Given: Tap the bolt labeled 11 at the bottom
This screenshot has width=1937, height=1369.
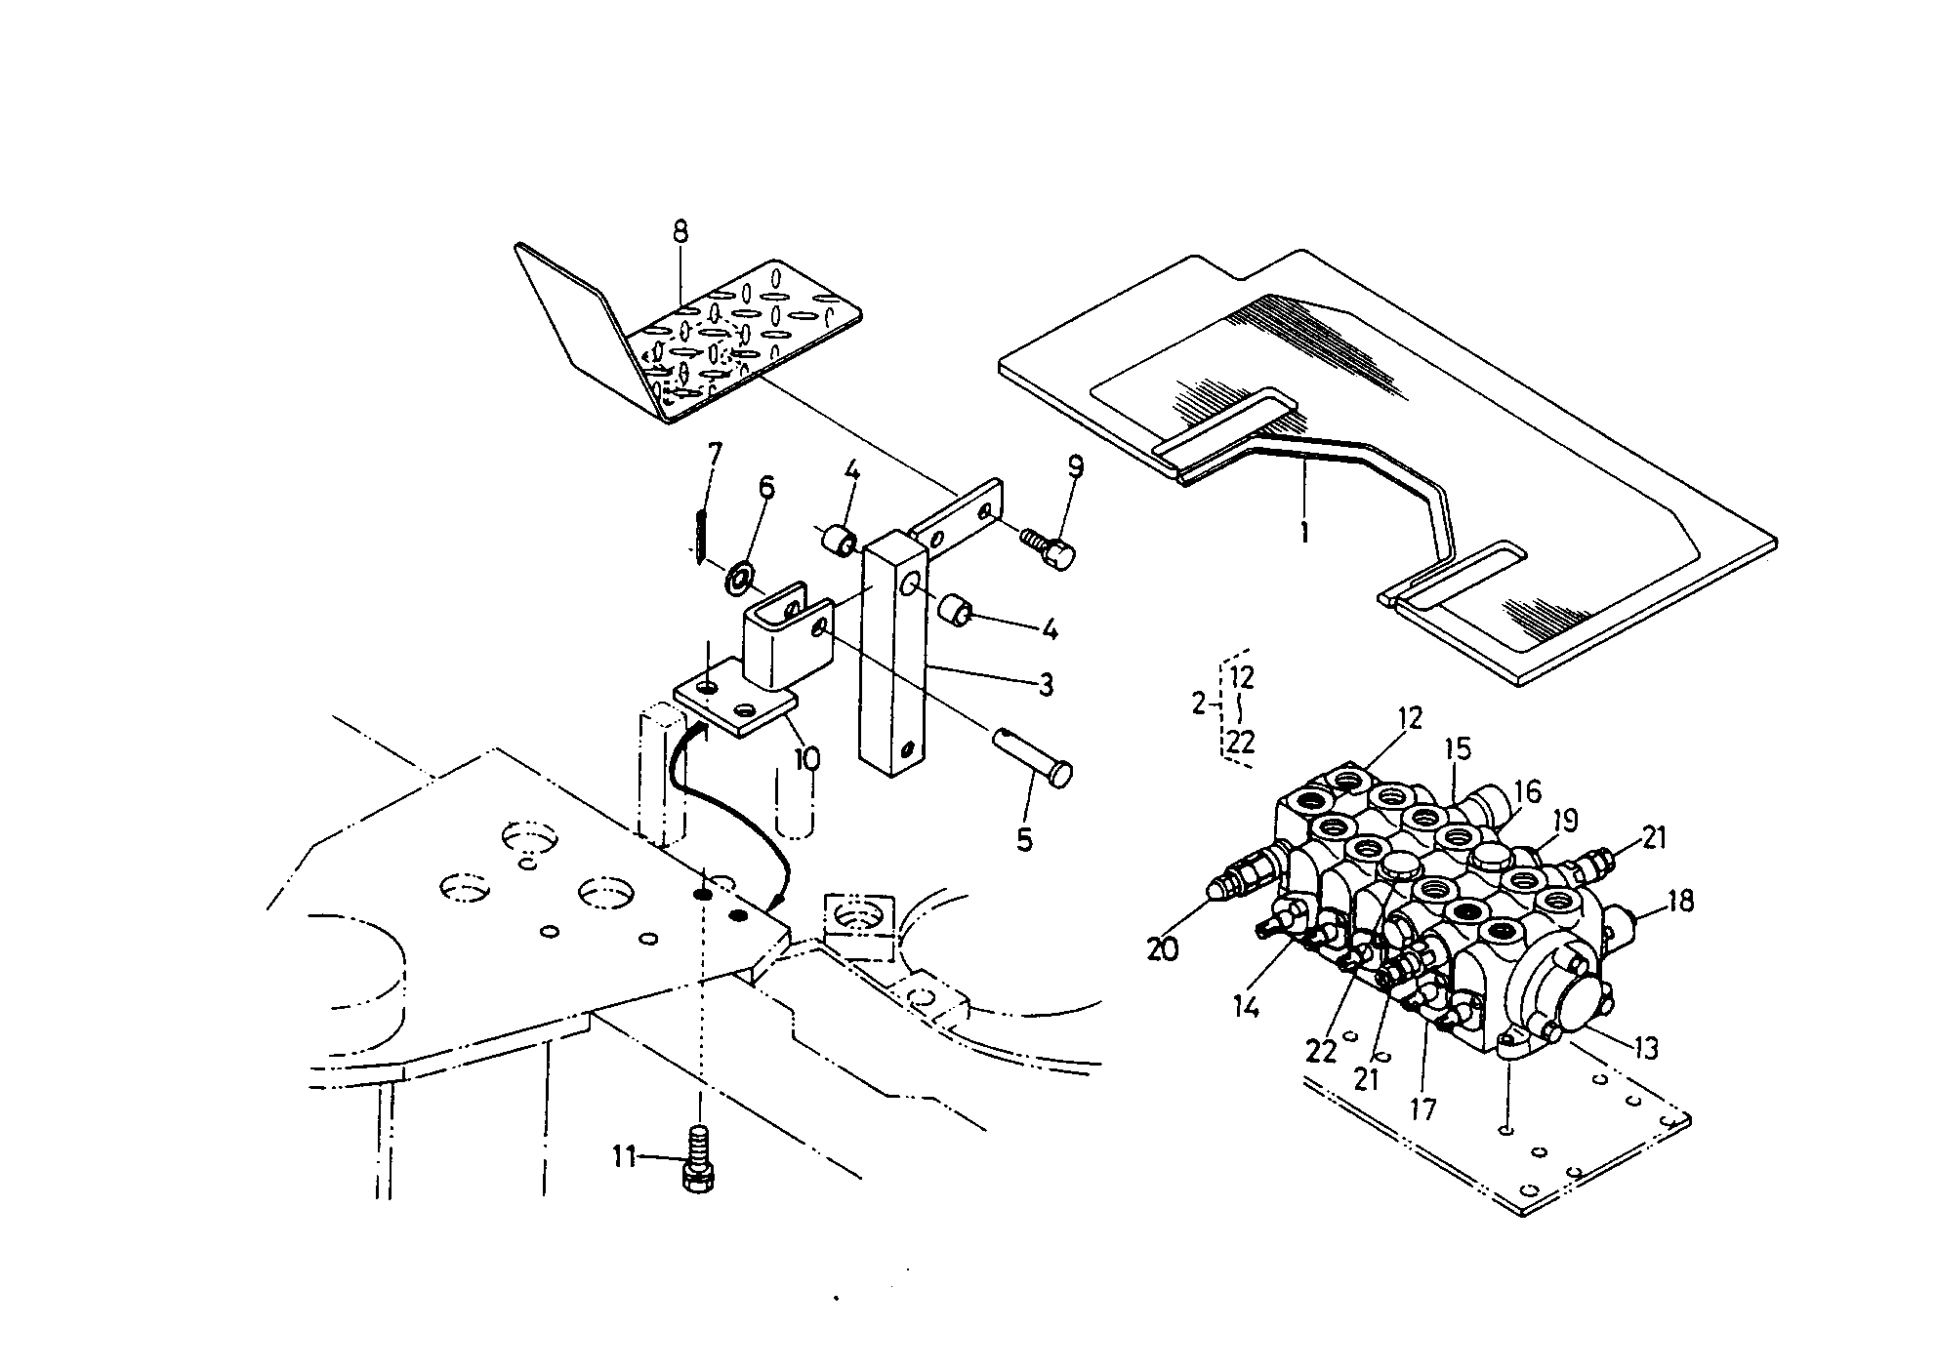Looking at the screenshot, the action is coord(698,1162).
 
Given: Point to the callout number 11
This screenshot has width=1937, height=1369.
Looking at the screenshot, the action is coord(624,1157).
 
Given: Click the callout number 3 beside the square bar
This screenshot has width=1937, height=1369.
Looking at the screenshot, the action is coord(1045,685).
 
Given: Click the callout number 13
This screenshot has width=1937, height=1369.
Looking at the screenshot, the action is coord(1644,1048).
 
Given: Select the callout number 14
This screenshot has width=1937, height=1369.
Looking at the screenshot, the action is coord(1245,1006).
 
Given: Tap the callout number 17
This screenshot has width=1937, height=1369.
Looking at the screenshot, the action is coord(1422,1108).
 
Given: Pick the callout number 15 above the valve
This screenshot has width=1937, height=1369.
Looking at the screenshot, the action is coord(1457,749).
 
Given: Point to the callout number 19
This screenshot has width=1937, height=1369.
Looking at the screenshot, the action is coord(1564,820).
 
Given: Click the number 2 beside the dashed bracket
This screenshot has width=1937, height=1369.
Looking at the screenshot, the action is coord(1199,703).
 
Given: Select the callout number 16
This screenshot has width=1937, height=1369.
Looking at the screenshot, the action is coord(1527,791).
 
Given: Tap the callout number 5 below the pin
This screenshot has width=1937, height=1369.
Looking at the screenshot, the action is coord(1023,839).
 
